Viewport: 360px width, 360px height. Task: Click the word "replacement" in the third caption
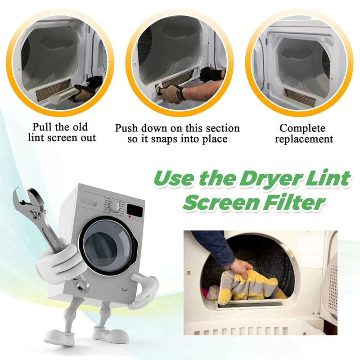pos(304,139)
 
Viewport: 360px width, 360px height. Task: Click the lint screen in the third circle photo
pos(301,96)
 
